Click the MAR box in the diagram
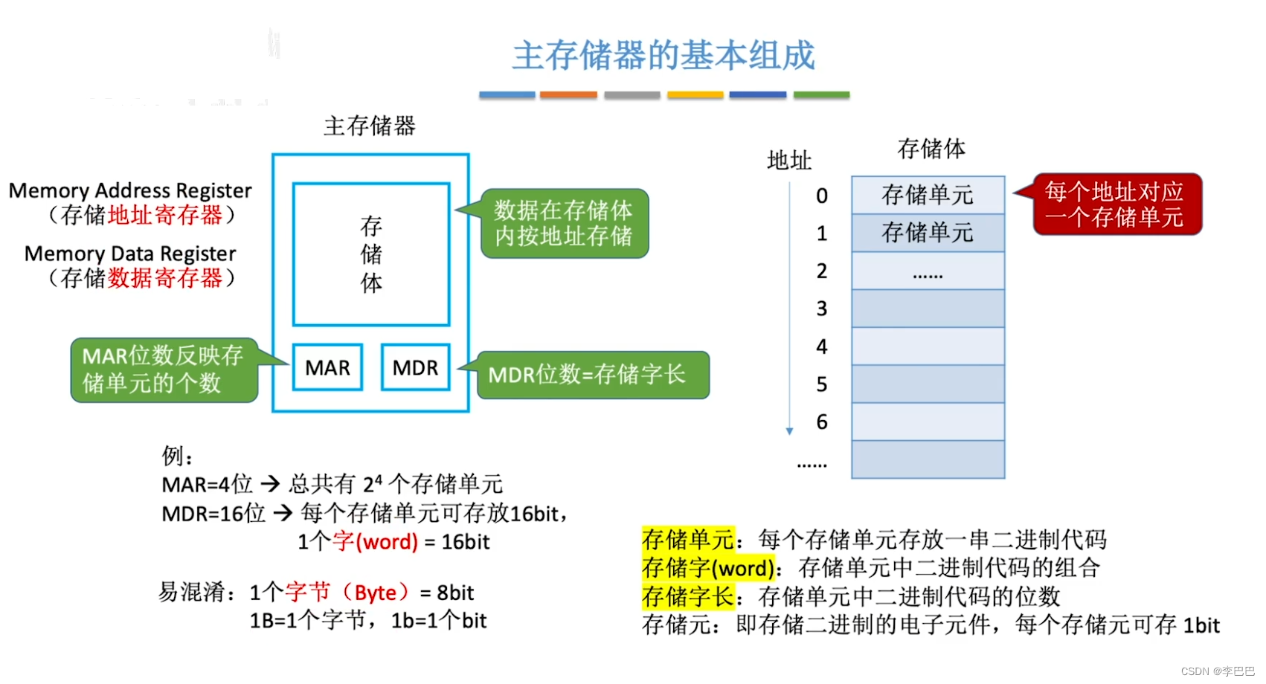(x=327, y=367)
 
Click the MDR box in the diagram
(x=415, y=367)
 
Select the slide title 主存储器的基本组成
(x=663, y=56)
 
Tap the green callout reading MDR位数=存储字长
(x=592, y=375)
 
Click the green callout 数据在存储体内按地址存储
(x=565, y=223)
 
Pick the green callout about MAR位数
(x=164, y=370)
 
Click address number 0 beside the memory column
(x=822, y=196)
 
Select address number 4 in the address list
(x=822, y=346)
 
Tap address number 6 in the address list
(x=822, y=422)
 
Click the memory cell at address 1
(x=928, y=233)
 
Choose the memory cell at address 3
(x=928, y=309)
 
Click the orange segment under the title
(x=568, y=95)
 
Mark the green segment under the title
(x=821, y=95)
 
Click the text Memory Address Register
(x=130, y=191)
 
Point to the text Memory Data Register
(x=130, y=254)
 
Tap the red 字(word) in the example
(x=376, y=541)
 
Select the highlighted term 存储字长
(x=688, y=596)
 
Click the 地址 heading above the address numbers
(x=789, y=161)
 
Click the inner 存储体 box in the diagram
(x=371, y=254)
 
